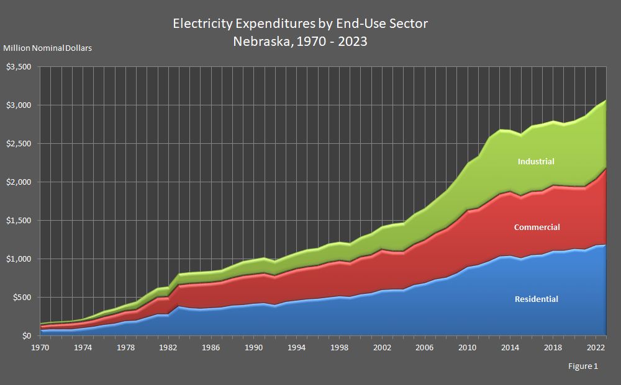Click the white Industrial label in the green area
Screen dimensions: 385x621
tap(536, 161)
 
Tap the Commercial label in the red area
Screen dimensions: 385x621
tap(537, 227)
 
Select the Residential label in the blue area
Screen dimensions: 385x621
tap(536, 299)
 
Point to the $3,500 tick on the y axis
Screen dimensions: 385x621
tap(19, 66)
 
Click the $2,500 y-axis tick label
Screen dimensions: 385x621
tap(19, 143)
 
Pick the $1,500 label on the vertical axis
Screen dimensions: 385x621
tap(19, 220)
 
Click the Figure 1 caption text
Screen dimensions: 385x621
tap(582, 366)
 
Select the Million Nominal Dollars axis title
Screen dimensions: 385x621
tap(48, 48)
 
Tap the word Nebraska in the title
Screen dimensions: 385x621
tap(259, 42)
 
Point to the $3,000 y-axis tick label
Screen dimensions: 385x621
tap(19, 105)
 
